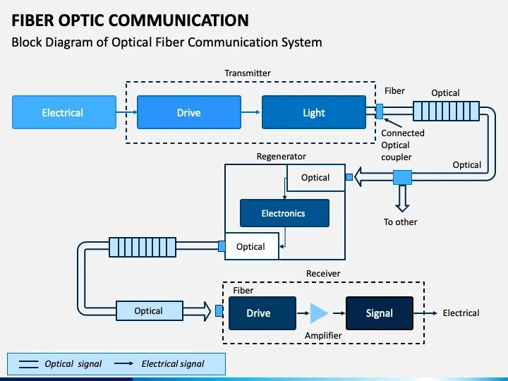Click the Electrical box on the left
[62, 113]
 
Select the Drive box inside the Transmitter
[188, 113]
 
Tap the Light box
[314, 113]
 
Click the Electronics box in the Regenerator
[284, 213]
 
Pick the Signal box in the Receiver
[379, 313]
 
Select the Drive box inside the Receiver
[258, 313]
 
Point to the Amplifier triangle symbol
[319, 313]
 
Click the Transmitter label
[247, 73]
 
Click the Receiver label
[323, 274]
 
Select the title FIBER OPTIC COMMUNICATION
[130, 20]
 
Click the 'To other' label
[401, 222]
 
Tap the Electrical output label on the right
[461, 313]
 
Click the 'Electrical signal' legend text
[173, 364]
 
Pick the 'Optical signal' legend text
[73, 364]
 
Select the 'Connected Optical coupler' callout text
[403, 145]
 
